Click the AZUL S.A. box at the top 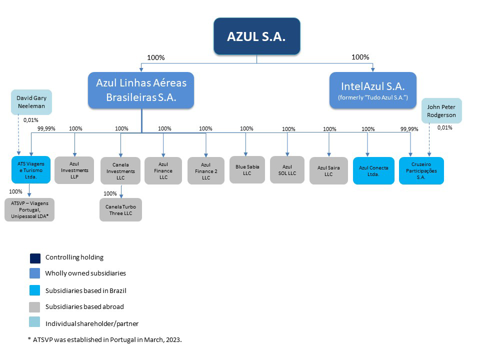point(256,36)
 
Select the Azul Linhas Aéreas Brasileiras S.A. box point(141,90)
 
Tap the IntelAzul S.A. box point(372,90)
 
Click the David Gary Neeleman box point(31,101)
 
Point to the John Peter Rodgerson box point(442,111)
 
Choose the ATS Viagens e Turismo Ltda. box point(31,170)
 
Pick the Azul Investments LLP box point(74,170)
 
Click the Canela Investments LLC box point(120,171)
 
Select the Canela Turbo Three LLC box point(120,209)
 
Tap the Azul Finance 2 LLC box point(205,171)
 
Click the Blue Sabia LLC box point(246,170)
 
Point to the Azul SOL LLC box point(287,170)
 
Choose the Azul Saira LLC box point(328,171)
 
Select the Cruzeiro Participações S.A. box point(421,171)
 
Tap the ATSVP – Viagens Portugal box point(29,209)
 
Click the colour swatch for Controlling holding point(34,257)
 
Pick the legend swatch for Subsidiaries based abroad point(34,306)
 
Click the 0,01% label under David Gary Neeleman point(30,120)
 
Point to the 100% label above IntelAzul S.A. point(360,57)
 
